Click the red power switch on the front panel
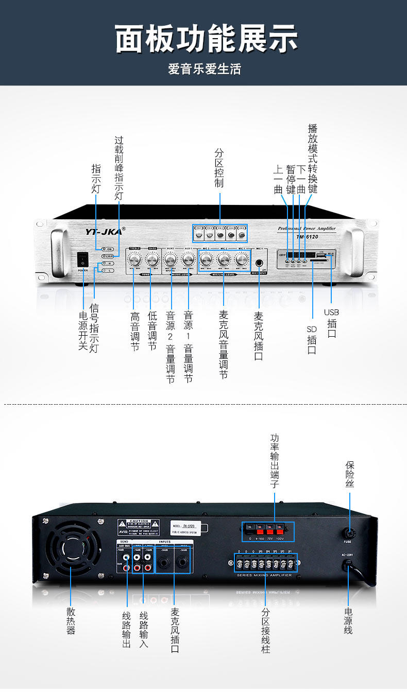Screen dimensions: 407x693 [83, 259]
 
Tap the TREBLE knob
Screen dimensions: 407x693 [134, 258]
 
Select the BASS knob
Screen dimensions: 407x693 [152, 258]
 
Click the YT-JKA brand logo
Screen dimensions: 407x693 [104, 231]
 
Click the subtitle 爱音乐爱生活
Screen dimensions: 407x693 [204, 69]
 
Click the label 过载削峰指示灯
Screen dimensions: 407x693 [119, 168]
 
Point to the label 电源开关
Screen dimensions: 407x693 [83, 332]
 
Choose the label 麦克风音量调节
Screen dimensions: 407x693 [224, 344]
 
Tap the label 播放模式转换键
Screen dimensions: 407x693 [313, 159]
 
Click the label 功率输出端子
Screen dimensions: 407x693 [274, 461]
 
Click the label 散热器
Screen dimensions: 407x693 [71, 621]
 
